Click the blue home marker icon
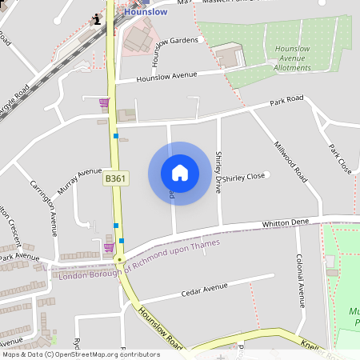click(180, 173)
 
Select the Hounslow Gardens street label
click(174, 40)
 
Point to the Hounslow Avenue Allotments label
click(292, 58)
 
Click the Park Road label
click(287, 101)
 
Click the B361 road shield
click(116, 180)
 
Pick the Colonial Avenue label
click(301, 281)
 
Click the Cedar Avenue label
click(204, 288)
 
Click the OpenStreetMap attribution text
click(80, 354)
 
